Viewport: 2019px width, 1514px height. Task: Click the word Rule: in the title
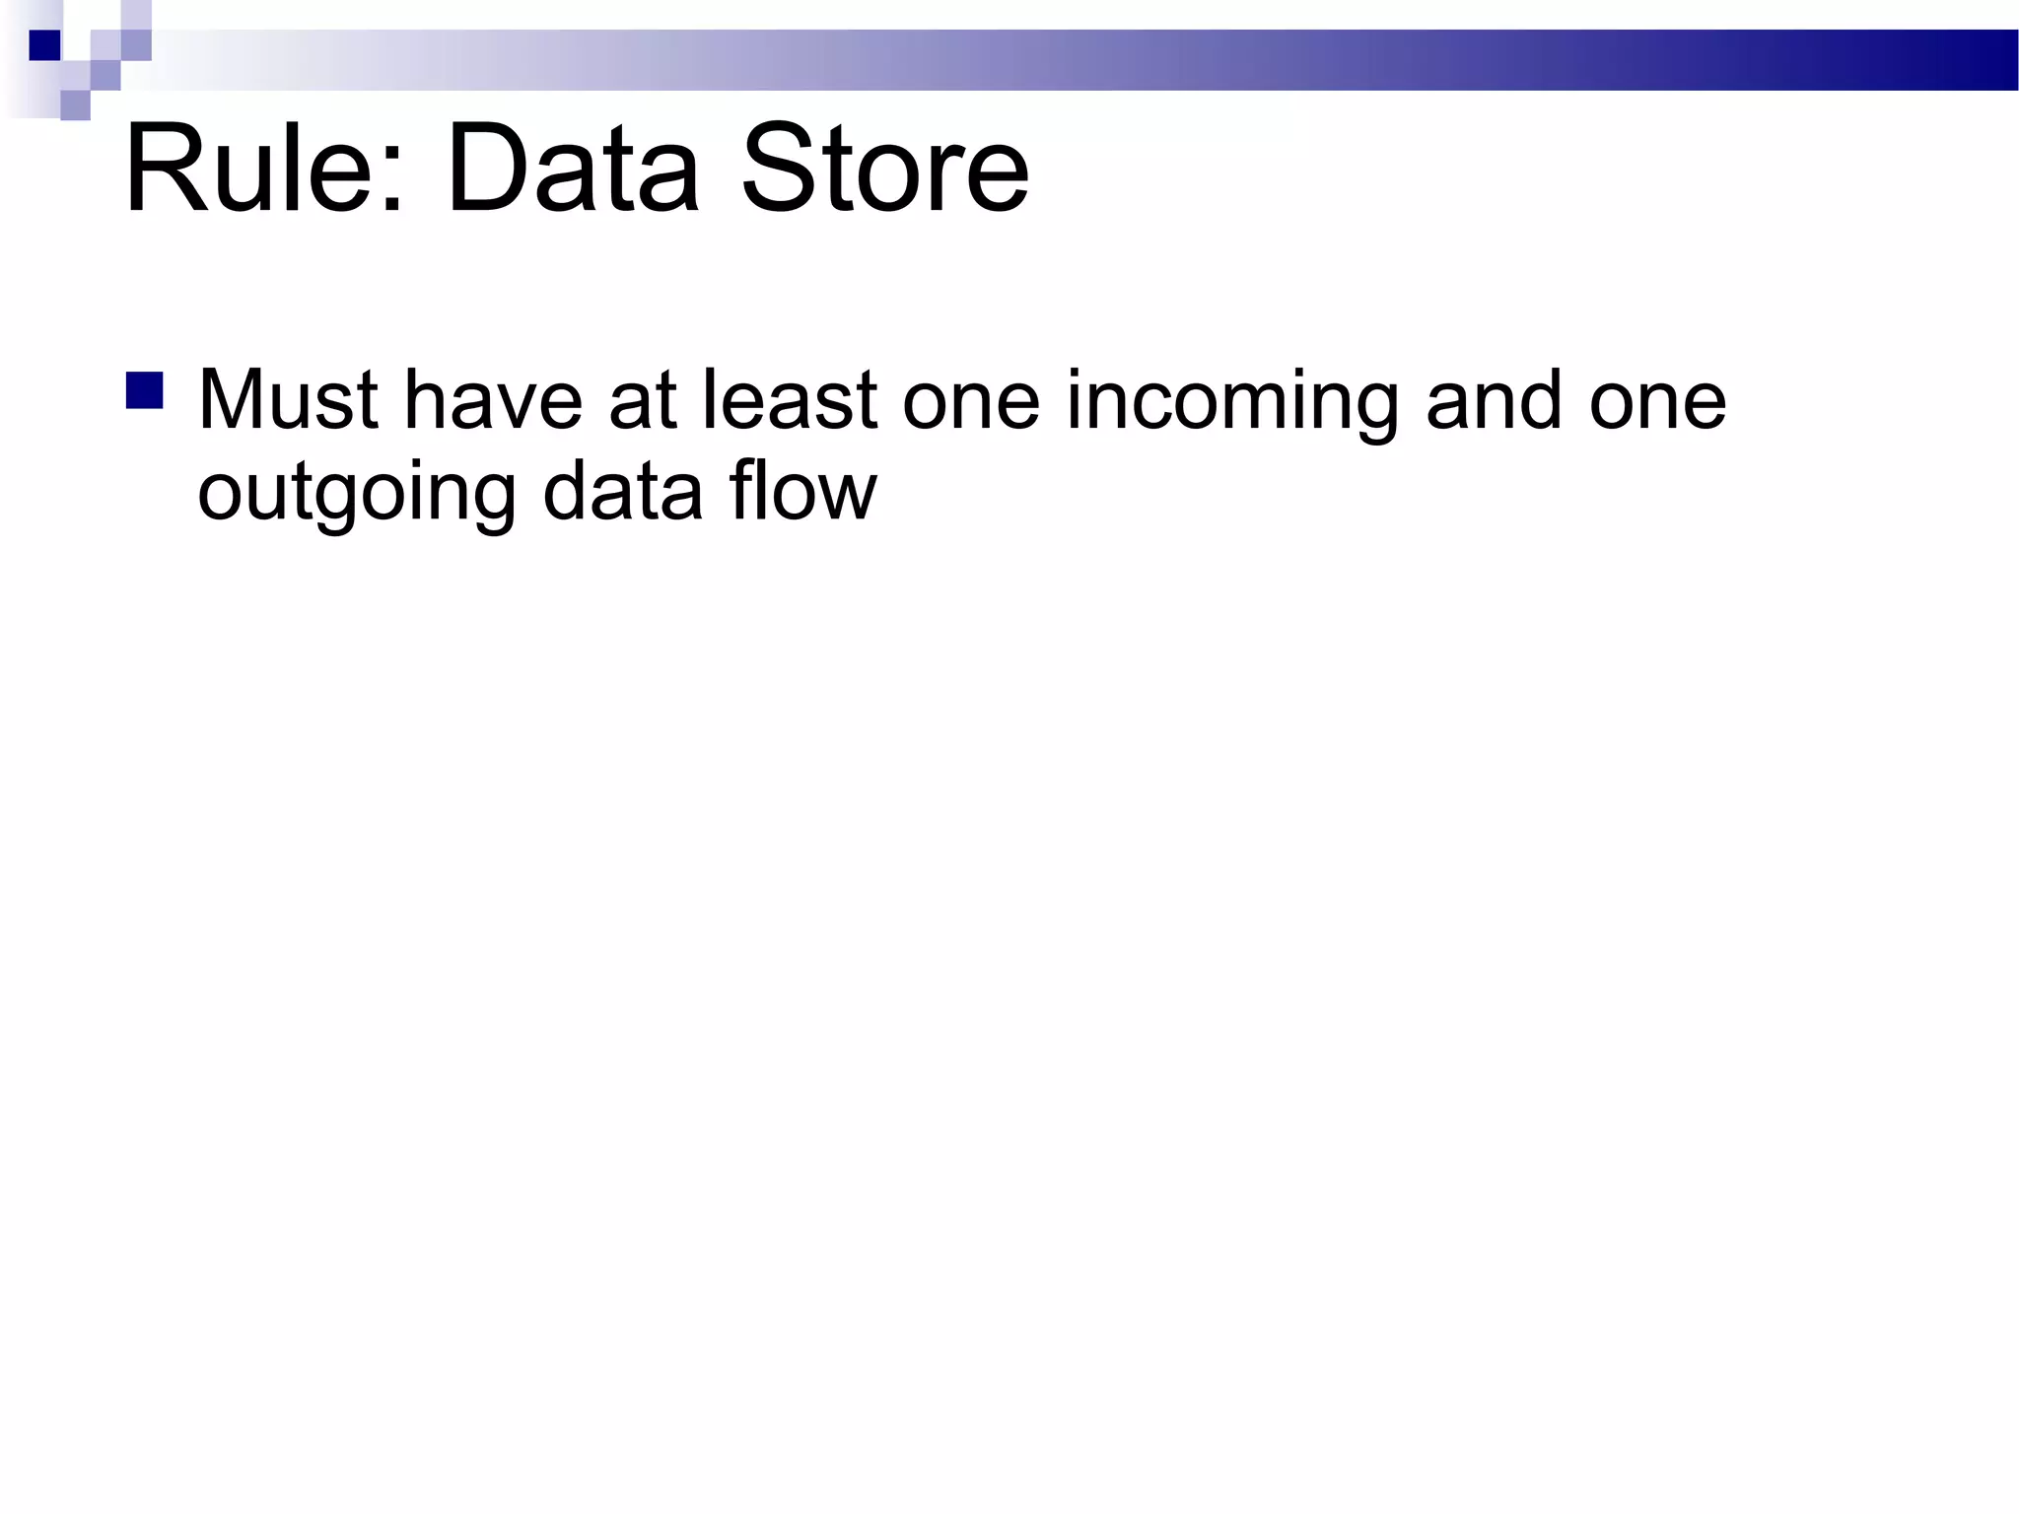click(264, 168)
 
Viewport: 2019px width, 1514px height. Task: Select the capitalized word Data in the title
click(573, 168)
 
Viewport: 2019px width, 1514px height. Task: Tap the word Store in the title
click(884, 168)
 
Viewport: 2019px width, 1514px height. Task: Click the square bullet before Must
click(145, 390)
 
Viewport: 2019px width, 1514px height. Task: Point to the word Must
click(288, 400)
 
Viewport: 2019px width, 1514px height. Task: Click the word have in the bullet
click(493, 400)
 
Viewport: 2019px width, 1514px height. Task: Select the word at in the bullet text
click(642, 400)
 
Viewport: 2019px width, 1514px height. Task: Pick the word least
click(789, 400)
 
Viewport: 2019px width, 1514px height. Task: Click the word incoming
click(1232, 400)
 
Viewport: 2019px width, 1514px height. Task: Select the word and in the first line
click(1494, 400)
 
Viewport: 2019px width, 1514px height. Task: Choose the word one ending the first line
click(1657, 400)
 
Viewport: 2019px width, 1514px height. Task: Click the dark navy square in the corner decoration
click(44, 45)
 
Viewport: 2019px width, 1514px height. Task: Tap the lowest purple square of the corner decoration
click(75, 104)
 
